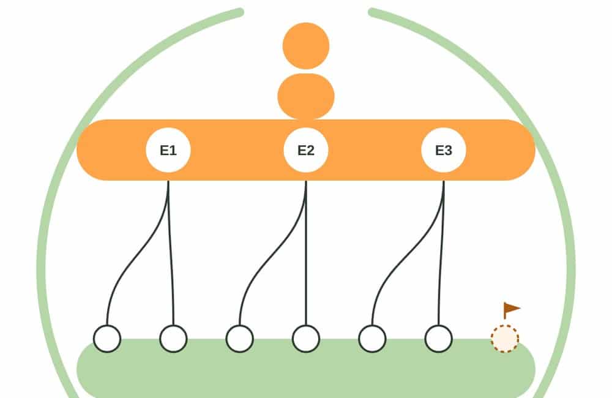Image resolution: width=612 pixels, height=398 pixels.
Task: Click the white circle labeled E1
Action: tap(168, 150)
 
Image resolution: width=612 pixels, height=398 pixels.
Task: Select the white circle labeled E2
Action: tap(306, 150)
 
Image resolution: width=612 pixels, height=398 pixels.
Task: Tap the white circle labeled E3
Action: tap(443, 150)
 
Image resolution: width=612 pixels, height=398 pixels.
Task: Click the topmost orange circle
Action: tap(306, 46)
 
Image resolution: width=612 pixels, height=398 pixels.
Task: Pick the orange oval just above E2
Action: tap(306, 96)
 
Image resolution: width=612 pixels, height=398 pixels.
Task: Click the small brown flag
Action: tap(511, 310)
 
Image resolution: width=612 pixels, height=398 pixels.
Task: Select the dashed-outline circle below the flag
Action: tap(505, 339)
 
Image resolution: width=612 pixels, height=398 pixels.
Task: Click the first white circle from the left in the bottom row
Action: tap(107, 339)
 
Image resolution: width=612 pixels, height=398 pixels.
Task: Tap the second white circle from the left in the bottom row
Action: tap(173, 339)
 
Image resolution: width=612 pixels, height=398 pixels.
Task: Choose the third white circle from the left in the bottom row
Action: tap(240, 339)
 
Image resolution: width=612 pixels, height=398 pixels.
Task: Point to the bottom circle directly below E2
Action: tap(306, 339)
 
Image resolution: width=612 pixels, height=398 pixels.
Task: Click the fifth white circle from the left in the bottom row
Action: tap(372, 339)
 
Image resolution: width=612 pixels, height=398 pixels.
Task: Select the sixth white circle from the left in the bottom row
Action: tap(439, 339)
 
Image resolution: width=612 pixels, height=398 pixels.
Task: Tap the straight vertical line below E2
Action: tap(306, 253)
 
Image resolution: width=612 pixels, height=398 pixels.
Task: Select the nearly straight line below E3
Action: tap(441, 253)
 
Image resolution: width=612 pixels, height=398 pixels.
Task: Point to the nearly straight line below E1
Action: tap(171, 253)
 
